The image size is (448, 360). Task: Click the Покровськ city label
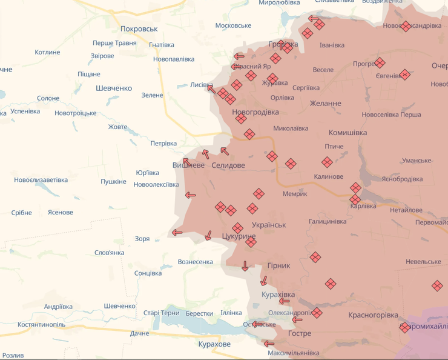(139, 29)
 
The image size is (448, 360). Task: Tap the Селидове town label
(228, 165)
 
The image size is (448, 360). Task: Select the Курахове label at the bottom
(214, 344)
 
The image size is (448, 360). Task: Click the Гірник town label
(278, 265)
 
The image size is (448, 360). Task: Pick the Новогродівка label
(255, 112)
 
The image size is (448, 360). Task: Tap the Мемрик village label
(295, 194)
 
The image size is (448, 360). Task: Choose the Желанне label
(325, 104)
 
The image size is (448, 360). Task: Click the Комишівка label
(348, 133)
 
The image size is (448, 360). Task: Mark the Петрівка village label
(163, 144)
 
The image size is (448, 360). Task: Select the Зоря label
(142, 239)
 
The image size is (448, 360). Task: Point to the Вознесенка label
(195, 262)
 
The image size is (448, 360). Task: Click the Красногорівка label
(373, 315)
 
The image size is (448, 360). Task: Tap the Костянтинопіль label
(41, 325)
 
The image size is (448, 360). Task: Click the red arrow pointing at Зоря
(177, 232)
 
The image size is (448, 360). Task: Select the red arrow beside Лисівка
(211, 89)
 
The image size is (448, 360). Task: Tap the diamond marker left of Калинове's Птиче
(327, 162)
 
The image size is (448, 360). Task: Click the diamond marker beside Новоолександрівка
(406, 26)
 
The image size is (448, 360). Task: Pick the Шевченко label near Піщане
(114, 88)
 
